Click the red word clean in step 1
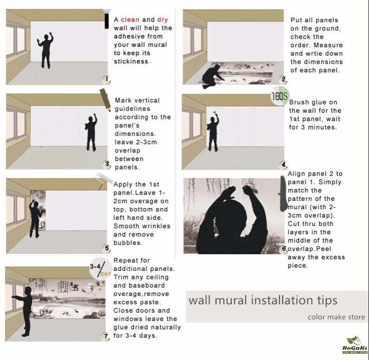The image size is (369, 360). click(x=130, y=19)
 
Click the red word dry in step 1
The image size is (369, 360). click(x=162, y=20)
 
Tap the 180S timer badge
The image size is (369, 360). click(x=279, y=96)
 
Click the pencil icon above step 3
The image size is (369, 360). click(x=105, y=100)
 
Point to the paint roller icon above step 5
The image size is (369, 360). click(x=104, y=180)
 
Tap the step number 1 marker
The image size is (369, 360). click(x=107, y=80)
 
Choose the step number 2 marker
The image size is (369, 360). click(x=284, y=79)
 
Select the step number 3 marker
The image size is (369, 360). click(x=108, y=164)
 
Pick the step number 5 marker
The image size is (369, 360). click(x=107, y=248)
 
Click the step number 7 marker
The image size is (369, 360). click(x=106, y=336)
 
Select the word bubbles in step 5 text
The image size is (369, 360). click(x=128, y=243)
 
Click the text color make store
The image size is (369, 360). click(x=337, y=317)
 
